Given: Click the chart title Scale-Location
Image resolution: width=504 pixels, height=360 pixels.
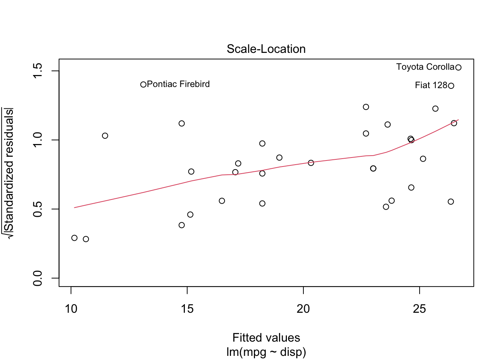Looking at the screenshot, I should pyautogui.click(x=266, y=49).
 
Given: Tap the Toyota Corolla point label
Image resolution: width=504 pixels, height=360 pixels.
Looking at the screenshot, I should pyautogui.click(x=425, y=67).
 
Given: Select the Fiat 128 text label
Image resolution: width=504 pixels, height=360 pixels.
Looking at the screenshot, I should pyautogui.click(x=431, y=85).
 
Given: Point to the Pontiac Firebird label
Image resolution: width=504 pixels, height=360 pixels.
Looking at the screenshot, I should pyautogui.click(x=178, y=84).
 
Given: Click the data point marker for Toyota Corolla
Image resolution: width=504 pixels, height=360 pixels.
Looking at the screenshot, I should pyautogui.click(x=458, y=67).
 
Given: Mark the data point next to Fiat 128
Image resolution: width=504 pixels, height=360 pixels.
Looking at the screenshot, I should pyautogui.click(x=451, y=86).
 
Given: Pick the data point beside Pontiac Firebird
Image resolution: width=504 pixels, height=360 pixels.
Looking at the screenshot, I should pyautogui.click(x=143, y=85).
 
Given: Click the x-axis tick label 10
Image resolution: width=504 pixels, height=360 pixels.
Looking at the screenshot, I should pyautogui.click(x=71, y=309).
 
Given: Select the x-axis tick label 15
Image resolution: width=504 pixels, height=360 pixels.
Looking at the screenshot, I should pyautogui.click(x=187, y=309).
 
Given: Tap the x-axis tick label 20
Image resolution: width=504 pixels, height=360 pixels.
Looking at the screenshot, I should pyautogui.click(x=303, y=309).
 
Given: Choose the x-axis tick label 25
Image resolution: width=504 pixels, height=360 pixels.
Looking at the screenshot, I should pyautogui.click(x=419, y=309).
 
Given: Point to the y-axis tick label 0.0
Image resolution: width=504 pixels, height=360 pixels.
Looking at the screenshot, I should pyautogui.click(x=38, y=278).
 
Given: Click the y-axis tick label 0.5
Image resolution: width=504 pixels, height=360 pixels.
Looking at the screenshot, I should pyautogui.click(x=38, y=209).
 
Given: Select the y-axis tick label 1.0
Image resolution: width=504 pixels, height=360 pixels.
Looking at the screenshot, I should pyautogui.click(x=38, y=140).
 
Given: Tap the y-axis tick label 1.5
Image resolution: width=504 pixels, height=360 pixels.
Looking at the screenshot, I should pyautogui.click(x=38, y=71).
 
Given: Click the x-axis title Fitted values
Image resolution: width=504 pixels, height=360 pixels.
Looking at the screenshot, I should pyautogui.click(x=266, y=338).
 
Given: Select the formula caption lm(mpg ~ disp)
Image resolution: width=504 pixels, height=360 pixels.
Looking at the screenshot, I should pyautogui.click(x=266, y=352).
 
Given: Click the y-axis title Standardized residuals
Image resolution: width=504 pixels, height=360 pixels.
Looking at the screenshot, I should pyautogui.click(x=9, y=172).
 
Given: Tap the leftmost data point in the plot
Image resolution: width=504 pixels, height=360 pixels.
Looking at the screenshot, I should pyautogui.click(x=74, y=238).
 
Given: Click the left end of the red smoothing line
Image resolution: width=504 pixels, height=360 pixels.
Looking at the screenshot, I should pyautogui.click(x=75, y=207).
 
